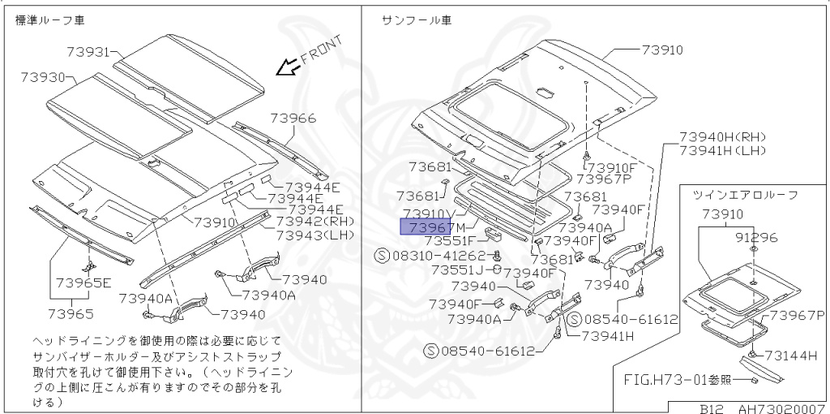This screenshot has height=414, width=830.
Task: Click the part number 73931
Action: pyautogui.click(x=87, y=52)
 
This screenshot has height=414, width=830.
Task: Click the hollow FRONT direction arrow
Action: pyautogui.click(x=285, y=67)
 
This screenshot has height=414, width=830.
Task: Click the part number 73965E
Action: pyautogui.click(x=83, y=283)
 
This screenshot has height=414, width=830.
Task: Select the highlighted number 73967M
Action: pyautogui.click(x=434, y=226)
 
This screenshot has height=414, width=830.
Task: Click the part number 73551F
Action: pyautogui.click(x=451, y=241)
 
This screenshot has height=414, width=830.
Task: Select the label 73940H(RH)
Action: pyautogui.click(x=722, y=137)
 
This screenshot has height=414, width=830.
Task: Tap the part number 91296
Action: pyautogui.click(x=755, y=238)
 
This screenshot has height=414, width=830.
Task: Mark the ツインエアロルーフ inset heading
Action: pyautogui.click(x=745, y=195)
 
